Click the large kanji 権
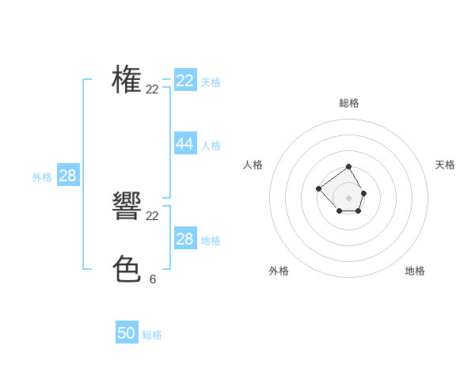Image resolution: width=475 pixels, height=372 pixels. tap(127, 80)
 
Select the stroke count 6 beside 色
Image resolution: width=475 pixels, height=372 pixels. tap(153, 279)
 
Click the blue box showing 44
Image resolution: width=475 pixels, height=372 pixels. tap(185, 143)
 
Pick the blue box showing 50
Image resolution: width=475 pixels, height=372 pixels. tap(127, 333)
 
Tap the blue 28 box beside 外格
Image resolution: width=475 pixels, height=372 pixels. tap(67, 176)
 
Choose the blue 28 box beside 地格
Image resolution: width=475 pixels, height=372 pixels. tap(185, 239)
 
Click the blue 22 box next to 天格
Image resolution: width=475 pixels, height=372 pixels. tap(185, 81)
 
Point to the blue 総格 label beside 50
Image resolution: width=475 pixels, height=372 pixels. tap(152, 335)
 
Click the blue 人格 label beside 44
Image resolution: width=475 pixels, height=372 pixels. tap(211, 146)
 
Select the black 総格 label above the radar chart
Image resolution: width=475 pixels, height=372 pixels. tap(349, 103)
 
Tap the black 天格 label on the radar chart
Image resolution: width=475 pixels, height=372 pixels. tap(445, 165)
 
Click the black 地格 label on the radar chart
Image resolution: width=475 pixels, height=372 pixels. tap(415, 271)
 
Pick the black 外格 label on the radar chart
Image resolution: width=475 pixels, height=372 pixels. tap(279, 271)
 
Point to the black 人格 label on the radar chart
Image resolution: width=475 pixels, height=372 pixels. tap(253, 165)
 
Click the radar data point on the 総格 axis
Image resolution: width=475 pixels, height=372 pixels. tap(349, 166)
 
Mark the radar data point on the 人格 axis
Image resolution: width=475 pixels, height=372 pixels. tap(318, 188)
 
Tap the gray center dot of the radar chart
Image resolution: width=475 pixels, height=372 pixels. tap(349, 197)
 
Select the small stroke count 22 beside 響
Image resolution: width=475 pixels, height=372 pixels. tap(153, 216)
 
